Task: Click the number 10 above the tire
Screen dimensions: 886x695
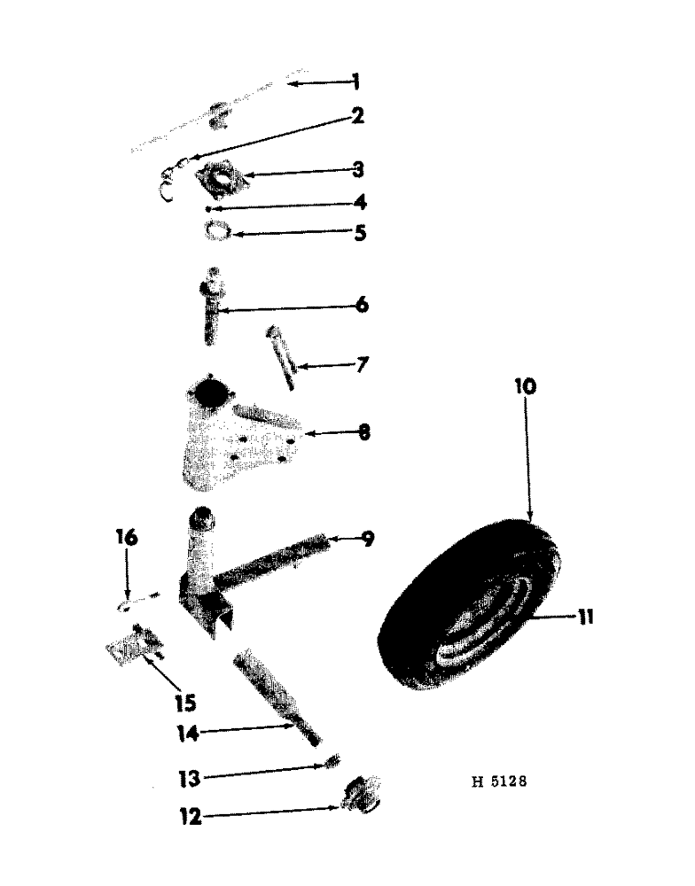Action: [524, 387]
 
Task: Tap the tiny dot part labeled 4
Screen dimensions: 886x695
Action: [207, 208]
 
